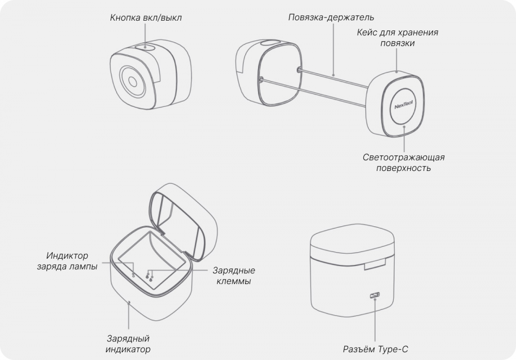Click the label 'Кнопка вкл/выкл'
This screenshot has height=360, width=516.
[x=146, y=18]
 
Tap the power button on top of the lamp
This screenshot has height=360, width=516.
[x=145, y=47]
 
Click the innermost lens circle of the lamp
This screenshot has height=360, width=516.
[x=132, y=82]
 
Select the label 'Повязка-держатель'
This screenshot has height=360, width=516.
[x=331, y=17]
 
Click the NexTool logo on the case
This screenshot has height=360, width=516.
[x=404, y=105]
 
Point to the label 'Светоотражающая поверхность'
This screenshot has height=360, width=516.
[x=404, y=163]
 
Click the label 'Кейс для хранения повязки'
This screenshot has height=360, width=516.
[x=397, y=38]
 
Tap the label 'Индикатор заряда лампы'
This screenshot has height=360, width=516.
[x=67, y=261]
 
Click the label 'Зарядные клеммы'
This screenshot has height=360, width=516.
[x=234, y=276]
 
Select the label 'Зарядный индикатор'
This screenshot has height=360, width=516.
[x=128, y=344]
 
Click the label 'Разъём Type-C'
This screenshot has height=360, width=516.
[x=376, y=349]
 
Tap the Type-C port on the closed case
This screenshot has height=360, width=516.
[x=375, y=295]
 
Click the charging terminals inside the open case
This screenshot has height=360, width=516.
[x=150, y=276]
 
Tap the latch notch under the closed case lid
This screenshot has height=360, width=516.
[x=375, y=264]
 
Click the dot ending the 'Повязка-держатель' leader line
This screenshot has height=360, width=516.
[x=333, y=75]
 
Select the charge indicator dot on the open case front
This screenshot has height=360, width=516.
[x=129, y=301]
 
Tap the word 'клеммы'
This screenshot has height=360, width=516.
[x=234, y=281]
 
